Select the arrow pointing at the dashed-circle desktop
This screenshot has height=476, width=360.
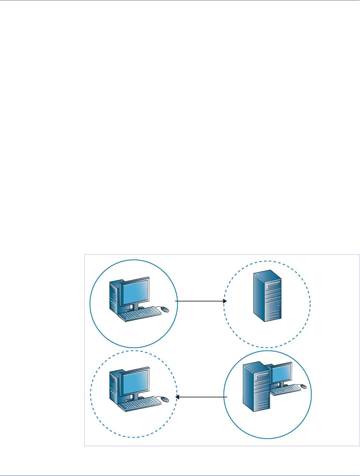pyautogui.click(x=201, y=397)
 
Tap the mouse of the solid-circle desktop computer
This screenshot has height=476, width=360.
pyautogui.click(x=165, y=309)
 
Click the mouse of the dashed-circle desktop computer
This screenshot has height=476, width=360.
pyautogui.click(x=165, y=399)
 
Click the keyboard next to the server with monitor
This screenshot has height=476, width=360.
pyautogui.click(x=285, y=389)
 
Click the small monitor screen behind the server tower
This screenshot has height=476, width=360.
pyautogui.click(x=282, y=372)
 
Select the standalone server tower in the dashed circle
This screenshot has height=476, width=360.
pyautogui.click(x=267, y=296)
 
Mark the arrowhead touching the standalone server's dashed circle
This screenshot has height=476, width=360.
pyautogui.click(x=225, y=301)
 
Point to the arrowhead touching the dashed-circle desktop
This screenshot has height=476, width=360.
pyautogui.click(x=178, y=397)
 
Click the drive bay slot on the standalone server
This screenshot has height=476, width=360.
pyautogui.click(x=272, y=285)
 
